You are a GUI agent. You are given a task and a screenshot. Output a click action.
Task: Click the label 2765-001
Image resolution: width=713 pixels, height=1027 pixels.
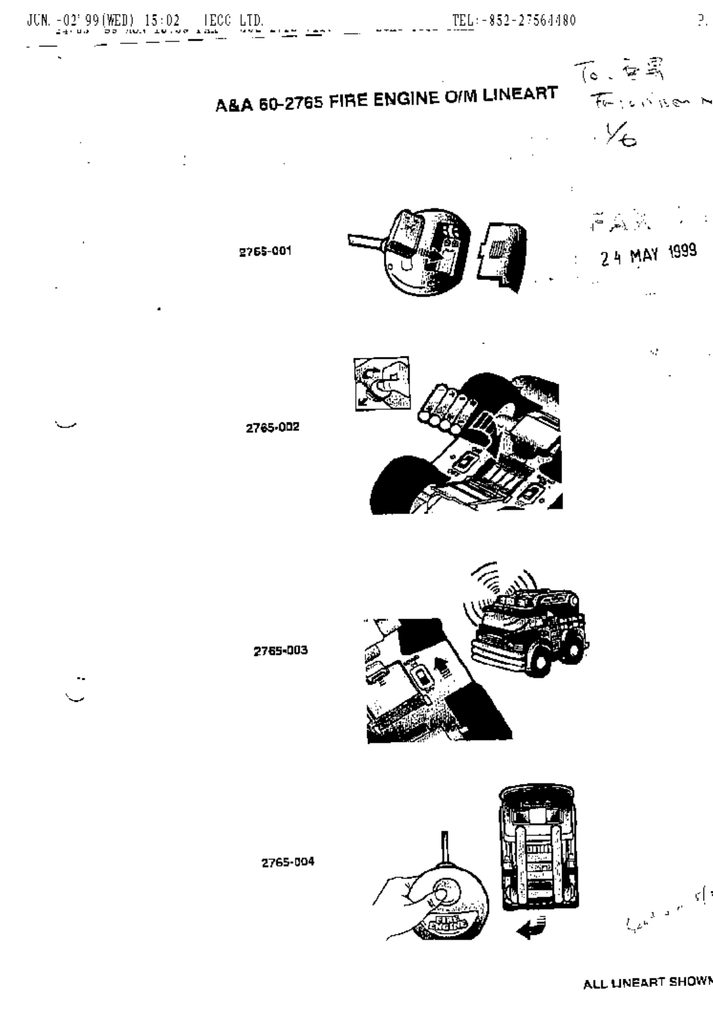pyautogui.click(x=265, y=251)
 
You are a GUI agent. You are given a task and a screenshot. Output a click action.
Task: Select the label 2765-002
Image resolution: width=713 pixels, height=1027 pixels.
pyautogui.click(x=272, y=428)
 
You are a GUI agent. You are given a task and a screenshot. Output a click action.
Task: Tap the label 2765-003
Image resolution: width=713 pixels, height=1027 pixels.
pyautogui.click(x=281, y=650)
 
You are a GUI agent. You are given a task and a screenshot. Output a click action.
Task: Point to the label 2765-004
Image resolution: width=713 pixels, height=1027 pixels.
pyautogui.click(x=288, y=863)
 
